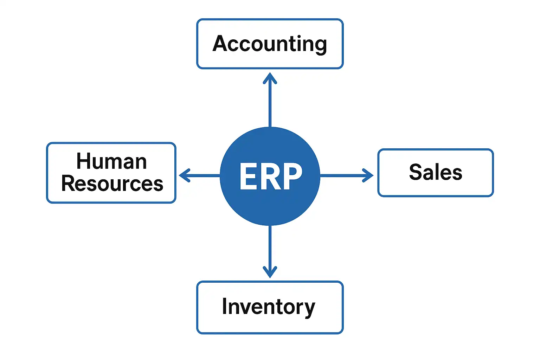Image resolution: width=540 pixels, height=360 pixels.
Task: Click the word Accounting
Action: coord(270,44)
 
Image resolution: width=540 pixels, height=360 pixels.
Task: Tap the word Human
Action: coord(111,161)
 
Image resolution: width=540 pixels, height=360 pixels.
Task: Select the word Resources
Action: coord(112,184)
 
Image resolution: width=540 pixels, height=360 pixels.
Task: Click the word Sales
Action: coord(436,172)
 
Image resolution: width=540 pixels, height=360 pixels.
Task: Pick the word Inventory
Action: coord(269,307)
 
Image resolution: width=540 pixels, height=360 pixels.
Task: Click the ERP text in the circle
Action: coord(270,176)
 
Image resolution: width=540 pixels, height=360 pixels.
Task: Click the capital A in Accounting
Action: coord(220,44)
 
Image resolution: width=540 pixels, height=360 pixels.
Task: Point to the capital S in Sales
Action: coord(416,172)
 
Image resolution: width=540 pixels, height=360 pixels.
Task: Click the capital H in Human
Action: coord(84,161)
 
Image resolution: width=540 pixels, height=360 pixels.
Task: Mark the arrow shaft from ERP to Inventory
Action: coord(270,246)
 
